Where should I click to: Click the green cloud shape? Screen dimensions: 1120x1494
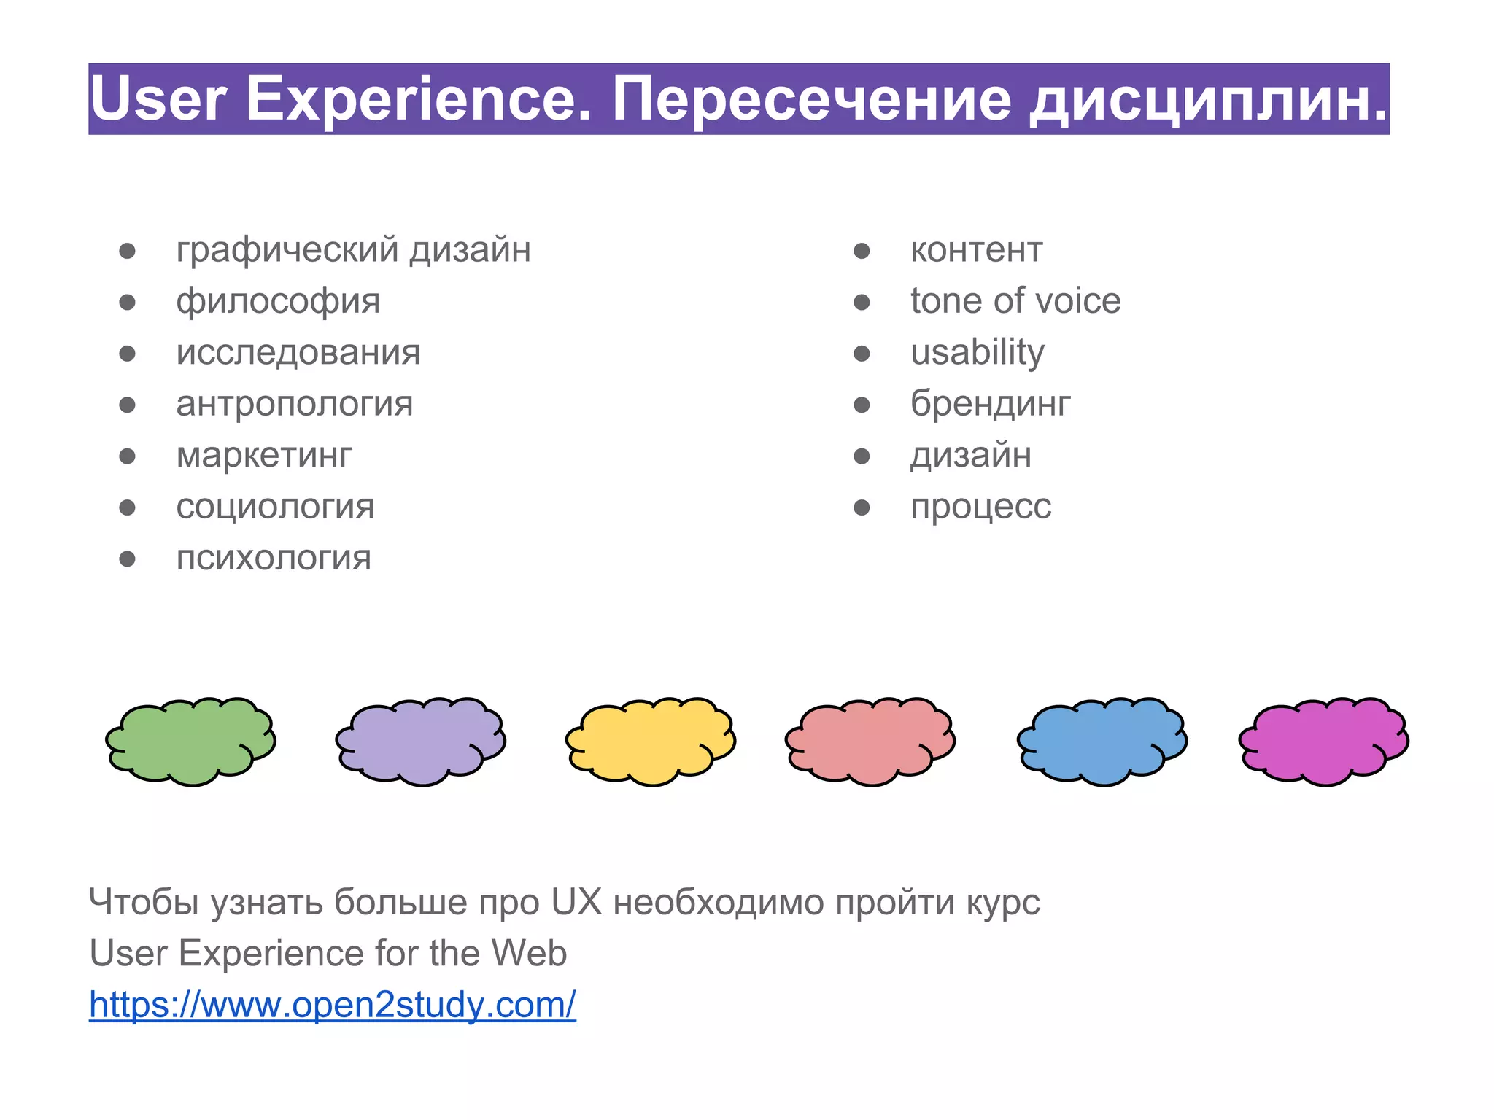(x=190, y=741)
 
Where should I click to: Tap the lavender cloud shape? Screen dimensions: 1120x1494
(x=421, y=741)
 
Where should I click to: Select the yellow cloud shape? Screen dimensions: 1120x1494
(x=651, y=741)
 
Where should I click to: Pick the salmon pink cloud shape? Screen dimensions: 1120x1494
(x=870, y=741)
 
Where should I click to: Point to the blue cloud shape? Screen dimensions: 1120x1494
(x=1102, y=741)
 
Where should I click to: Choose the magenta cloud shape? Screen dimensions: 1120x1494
(x=1324, y=741)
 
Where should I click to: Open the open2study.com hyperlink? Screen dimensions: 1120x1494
(x=333, y=1005)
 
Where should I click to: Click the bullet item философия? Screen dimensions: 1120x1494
(x=278, y=302)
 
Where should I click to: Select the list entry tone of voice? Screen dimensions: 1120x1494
(x=1015, y=301)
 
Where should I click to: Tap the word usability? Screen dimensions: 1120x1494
(x=978, y=353)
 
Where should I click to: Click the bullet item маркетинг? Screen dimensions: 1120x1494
(x=264, y=456)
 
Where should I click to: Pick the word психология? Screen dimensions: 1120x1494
(x=274, y=559)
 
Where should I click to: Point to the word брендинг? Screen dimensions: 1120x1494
(x=991, y=404)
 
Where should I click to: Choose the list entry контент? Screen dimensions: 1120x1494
(x=977, y=250)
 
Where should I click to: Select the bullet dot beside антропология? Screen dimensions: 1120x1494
(x=128, y=405)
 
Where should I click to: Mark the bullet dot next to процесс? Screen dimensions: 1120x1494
(x=862, y=507)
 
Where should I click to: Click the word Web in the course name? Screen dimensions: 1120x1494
(x=529, y=953)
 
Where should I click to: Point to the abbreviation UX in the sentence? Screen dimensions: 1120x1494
(x=576, y=902)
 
